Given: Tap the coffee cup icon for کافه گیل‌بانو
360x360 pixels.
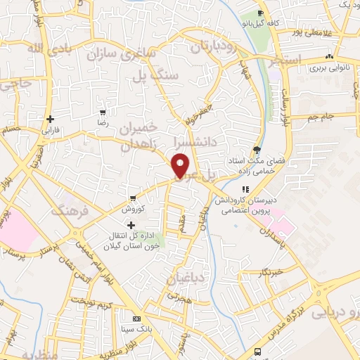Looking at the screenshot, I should pyautogui.click(x=261, y=13).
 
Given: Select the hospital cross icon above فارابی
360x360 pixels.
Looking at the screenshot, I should pyautogui.click(x=50, y=120).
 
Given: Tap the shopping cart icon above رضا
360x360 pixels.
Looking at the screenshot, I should pyautogui.click(x=103, y=112).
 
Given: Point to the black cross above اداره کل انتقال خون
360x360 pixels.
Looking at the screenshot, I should pyautogui.click(x=131, y=224).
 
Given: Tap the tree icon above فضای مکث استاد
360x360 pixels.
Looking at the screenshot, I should pyautogui.click(x=257, y=149).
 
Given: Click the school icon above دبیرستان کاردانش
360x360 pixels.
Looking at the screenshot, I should pyautogui.click(x=245, y=189).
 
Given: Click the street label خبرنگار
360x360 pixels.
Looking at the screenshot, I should pyautogui.click(x=270, y=271).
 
